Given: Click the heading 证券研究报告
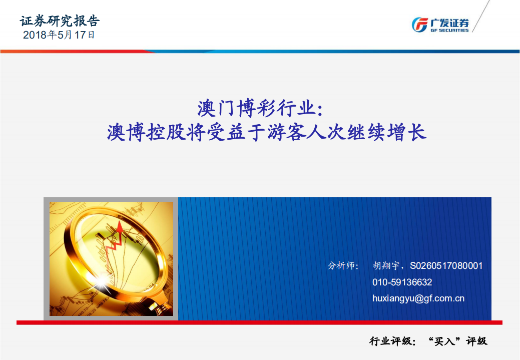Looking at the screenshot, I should coord(60,21).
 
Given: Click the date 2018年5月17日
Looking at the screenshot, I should coord(59,35).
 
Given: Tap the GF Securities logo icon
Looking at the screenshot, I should coord(419,24).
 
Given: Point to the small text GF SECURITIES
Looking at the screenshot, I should coord(449,30).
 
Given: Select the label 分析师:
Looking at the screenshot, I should coord(343,266).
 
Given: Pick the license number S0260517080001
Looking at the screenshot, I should coord(446,266).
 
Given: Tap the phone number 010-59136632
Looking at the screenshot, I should coord(402,282).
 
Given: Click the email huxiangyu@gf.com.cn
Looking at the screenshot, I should coord(418,298).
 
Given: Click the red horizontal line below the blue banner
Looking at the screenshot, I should coord(260,322).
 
